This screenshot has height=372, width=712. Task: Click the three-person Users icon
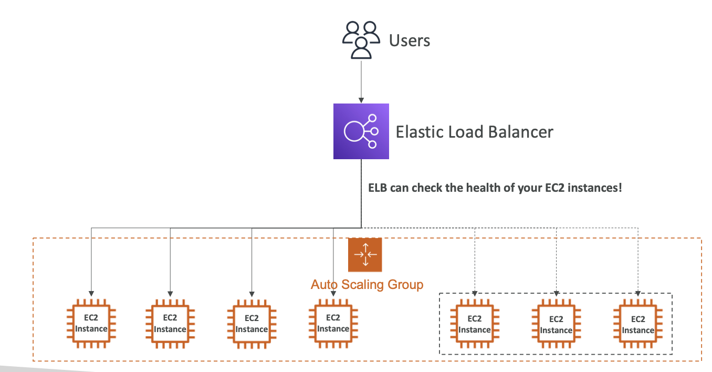tap(360, 40)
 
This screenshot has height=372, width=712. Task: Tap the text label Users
tap(410, 40)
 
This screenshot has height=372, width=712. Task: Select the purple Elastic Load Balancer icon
tap(361, 131)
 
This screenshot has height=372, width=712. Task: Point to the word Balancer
tap(520, 131)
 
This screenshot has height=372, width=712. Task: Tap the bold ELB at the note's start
tap(378, 188)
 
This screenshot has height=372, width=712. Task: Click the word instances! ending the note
tap(596, 188)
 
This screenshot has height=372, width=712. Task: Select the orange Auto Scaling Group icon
tap(365, 255)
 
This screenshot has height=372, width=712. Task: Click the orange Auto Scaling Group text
tap(367, 285)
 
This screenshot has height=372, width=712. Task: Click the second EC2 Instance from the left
tap(170, 324)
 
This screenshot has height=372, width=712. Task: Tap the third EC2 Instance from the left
tap(252, 324)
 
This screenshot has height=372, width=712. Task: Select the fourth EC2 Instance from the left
tap(333, 324)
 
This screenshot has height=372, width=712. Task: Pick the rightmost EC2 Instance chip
tap(637, 324)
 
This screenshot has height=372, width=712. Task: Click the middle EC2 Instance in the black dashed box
tap(556, 324)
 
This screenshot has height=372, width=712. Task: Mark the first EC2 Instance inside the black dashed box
tap(474, 324)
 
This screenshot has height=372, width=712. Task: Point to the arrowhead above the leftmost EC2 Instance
tap(91, 293)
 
